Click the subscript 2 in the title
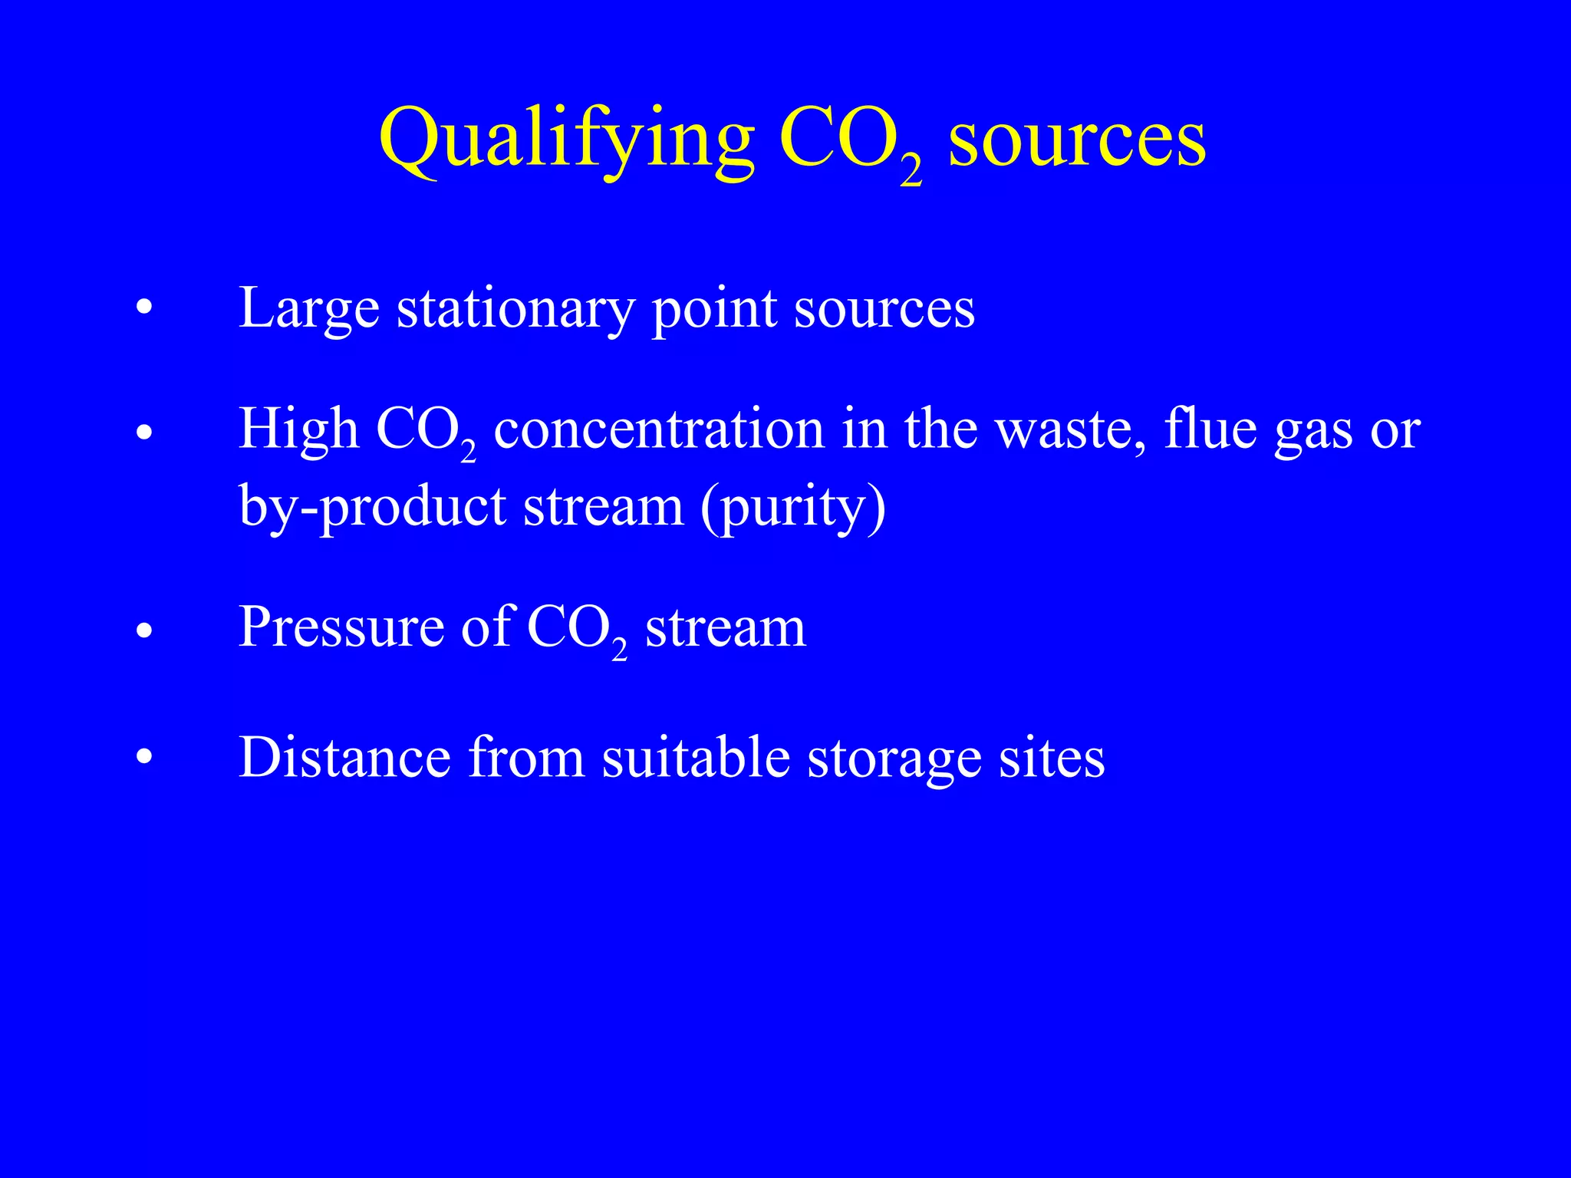[x=911, y=171]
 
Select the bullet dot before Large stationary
[x=144, y=310]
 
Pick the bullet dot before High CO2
[x=144, y=433]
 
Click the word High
[x=298, y=429]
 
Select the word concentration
[x=658, y=429]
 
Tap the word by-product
[x=373, y=507]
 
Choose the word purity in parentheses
[x=793, y=507]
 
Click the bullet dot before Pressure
[x=144, y=631]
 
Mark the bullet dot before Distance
[x=144, y=758]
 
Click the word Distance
[x=344, y=758]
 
